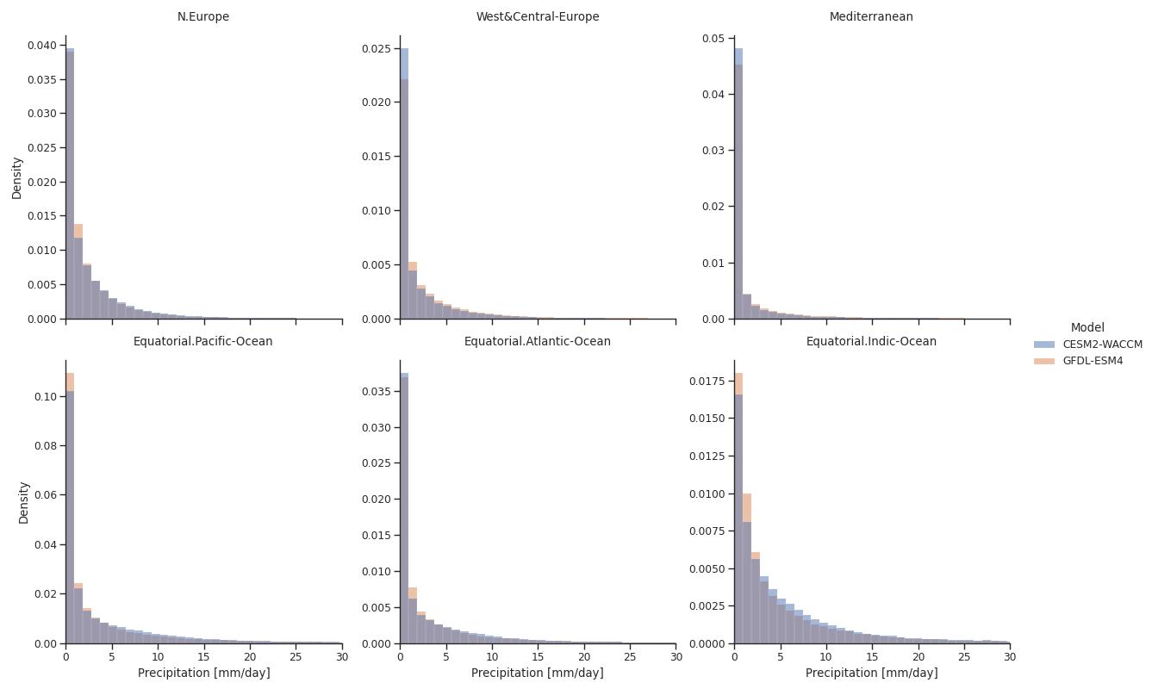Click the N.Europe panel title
[x=203, y=16]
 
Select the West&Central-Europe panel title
[x=538, y=16]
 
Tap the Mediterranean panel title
[x=871, y=16]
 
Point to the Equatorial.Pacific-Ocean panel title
[x=203, y=341]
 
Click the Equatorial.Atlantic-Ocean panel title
[x=538, y=341]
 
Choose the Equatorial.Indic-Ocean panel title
[x=871, y=341]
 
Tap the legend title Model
[x=1087, y=327]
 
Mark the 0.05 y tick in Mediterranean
[x=714, y=38]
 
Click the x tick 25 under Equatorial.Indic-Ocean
[x=964, y=657]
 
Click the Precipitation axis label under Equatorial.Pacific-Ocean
[x=203, y=673]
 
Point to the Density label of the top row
[x=17, y=177]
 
